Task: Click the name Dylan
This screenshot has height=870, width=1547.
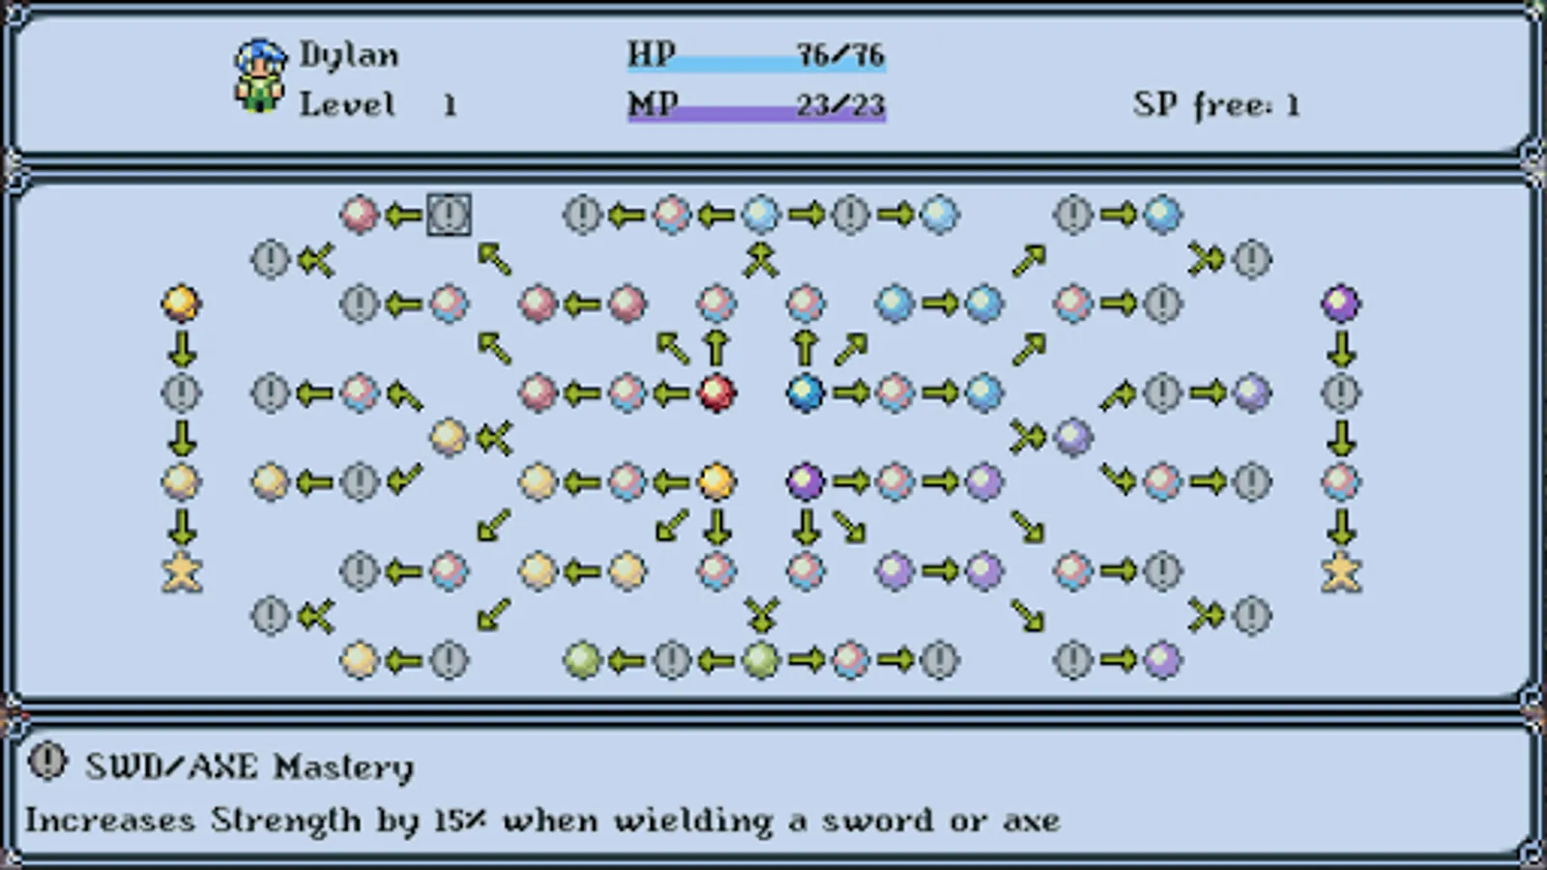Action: click(348, 54)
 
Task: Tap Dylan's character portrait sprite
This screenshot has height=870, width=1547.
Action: click(260, 75)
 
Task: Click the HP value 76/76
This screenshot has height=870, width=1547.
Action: click(840, 54)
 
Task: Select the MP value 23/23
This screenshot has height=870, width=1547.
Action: click(840, 103)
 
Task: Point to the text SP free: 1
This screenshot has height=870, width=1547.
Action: click(1215, 104)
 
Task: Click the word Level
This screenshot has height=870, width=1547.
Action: click(346, 103)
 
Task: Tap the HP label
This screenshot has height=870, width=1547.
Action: click(652, 53)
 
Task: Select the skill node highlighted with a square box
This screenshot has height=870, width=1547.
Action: click(449, 214)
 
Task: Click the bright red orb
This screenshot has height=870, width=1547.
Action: click(716, 392)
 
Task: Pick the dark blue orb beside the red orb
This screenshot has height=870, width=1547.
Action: click(805, 392)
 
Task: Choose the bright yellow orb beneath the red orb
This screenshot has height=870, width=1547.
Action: click(716, 480)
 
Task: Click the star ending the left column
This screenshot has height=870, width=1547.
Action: click(182, 571)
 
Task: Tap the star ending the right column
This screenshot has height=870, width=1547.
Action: click(1341, 571)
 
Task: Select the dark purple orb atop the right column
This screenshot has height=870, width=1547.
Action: click(1341, 304)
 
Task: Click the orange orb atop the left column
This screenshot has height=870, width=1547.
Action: click(182, 304)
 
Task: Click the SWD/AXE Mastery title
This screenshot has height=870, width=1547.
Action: click(249, 767)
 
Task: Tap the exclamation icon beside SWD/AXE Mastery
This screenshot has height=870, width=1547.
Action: click(47, 762)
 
